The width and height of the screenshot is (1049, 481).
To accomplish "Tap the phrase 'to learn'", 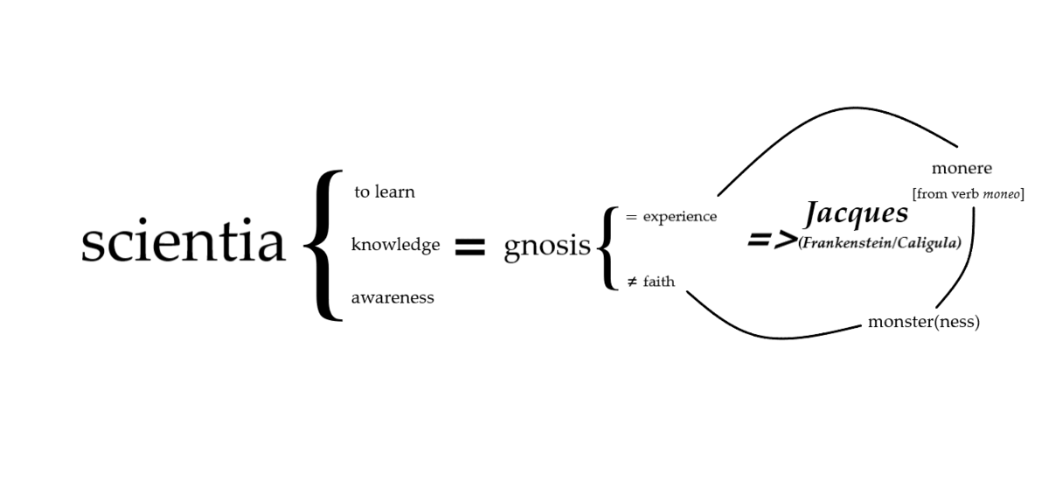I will (384, 192).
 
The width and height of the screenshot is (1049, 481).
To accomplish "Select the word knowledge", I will (395, 245).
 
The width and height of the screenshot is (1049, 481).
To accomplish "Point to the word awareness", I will (393, 297).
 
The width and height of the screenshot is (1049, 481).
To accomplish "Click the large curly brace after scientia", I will (323, 245).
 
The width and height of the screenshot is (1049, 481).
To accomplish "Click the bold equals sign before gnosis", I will (469, 247).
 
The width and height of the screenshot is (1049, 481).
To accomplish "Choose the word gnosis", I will (547, 247).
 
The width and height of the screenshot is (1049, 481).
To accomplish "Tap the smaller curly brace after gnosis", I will (608, 247).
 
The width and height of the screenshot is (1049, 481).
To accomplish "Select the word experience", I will (679, 216).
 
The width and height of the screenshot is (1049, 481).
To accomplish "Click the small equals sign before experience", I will (631, 216).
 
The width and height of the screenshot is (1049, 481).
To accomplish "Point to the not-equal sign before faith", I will (631, 282).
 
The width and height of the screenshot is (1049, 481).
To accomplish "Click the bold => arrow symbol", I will (772, 240).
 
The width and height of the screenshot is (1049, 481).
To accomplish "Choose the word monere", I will (962, 169).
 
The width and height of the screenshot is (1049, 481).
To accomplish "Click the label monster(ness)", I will (923, 322).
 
